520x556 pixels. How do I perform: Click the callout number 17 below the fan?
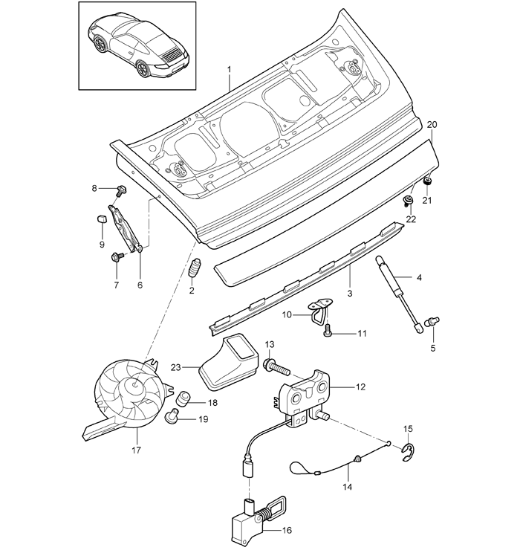pos(136,450)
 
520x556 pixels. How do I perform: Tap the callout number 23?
pos(176,367)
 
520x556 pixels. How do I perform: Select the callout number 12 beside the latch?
pos(360,387)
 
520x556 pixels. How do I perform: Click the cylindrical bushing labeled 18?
pos(183,398)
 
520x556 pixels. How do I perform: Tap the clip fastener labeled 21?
pos(428,181)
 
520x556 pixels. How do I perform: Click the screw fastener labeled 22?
pos(408,201)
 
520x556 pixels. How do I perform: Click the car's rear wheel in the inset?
pos(143,68)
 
